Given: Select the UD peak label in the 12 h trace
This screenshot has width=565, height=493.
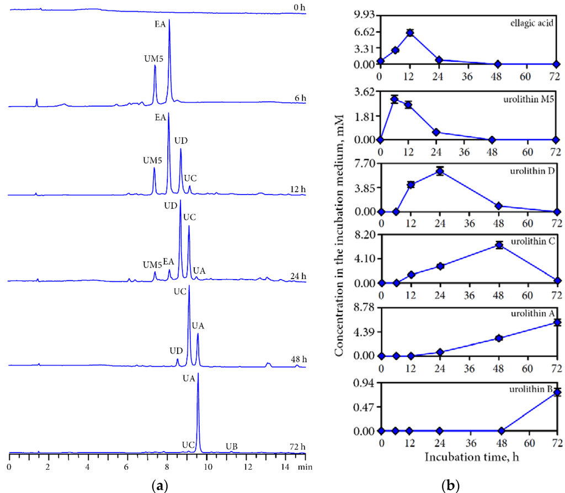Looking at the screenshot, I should pos(180,140).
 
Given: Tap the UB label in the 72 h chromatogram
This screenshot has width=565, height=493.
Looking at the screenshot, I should pos(231,446).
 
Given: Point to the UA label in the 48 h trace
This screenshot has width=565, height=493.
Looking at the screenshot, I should pos(198,325).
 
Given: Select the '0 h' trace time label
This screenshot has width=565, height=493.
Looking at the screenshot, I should pos(299,7).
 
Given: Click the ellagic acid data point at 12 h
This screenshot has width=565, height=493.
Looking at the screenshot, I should pos(410,33).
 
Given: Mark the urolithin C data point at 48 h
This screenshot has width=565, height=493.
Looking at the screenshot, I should pos(499,245).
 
